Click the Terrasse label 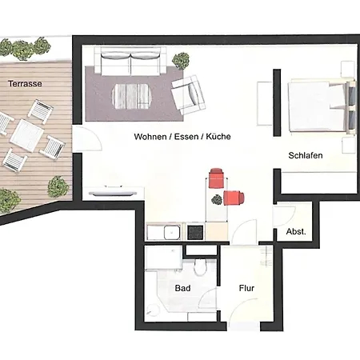[x=25, y=84]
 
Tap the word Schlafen [x=306, y=155]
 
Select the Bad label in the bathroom [x=182, y=288]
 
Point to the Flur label [x=246, y=288]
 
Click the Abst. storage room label [x=296, y=232]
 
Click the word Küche [x=218, y=137]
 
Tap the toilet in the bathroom [x=200, y=266]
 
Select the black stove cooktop [x=195, y=232]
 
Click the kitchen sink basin [x=172, y=232]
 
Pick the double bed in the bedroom [x=322, y=106]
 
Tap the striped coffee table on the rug [x=132, y=97]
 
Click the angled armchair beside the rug [x=188, y=94]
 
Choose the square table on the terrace [x=27, y=136]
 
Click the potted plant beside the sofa [x=181, y=61]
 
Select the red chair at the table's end [x=216, y=178]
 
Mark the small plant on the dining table [x=217, y=199]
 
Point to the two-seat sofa [x=130, y=61]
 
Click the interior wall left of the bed [x=277, y=102]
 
